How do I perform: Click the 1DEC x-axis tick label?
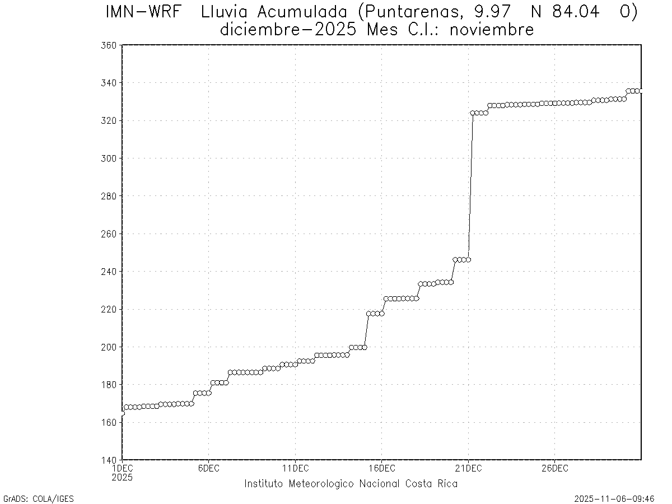coord(123,468)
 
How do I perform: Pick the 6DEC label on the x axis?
coord(208,468)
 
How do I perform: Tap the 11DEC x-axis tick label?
coord(295,468)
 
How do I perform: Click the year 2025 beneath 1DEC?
coord(123,478)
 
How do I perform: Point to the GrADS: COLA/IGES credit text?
coord(39,498)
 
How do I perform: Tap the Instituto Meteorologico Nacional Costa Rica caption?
coord(351,484)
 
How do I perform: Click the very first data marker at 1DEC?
coord(123,413)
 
